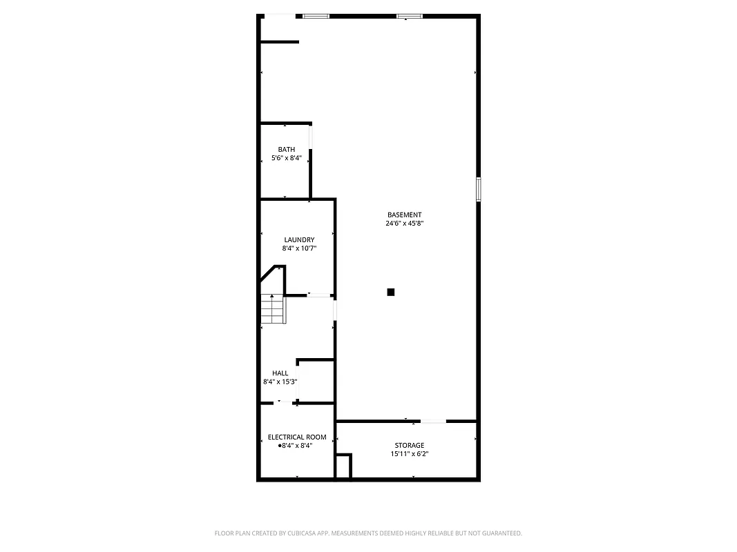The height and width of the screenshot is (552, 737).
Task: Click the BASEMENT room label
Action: point(404,215)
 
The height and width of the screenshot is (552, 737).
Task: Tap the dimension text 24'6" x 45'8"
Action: point(404,224)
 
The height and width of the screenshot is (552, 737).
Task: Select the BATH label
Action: point(286,149)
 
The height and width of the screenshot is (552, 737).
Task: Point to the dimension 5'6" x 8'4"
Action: point(286,158)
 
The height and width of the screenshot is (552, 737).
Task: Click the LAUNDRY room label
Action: point(299,239)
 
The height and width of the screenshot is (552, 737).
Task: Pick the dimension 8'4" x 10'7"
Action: point(299,248)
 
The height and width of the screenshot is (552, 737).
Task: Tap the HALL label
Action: point(280,373)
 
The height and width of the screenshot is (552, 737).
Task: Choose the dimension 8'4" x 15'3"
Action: point(280,382)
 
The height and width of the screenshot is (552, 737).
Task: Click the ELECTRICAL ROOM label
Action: point(297,437)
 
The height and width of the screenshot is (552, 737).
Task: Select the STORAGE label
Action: point(410,445)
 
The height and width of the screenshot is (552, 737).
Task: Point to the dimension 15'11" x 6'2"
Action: point(410,454)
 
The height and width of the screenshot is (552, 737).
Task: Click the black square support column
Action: point(390,292)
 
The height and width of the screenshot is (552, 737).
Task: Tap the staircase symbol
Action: point(273,309)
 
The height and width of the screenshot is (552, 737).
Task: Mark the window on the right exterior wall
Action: point(478,189)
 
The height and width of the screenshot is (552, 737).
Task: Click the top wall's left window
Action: point(316,16)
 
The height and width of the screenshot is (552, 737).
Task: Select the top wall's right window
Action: point(409,16)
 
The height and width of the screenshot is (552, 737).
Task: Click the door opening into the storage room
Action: point(433,421)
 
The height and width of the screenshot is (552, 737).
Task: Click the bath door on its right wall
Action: point(310,137)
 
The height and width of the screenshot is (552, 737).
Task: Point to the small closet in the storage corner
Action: point(343,466)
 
